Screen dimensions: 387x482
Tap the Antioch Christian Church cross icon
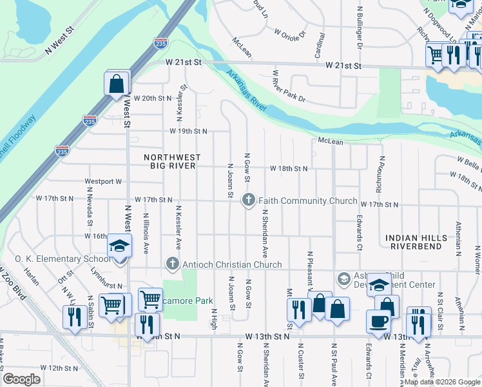171,264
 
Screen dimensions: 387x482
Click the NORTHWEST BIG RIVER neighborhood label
172,163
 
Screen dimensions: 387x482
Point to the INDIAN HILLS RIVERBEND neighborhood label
416,243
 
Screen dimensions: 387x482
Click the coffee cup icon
378,321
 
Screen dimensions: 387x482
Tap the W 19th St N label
188,131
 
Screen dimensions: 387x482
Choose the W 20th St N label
153,98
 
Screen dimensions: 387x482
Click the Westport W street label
102,182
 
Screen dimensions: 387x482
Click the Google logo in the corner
22,379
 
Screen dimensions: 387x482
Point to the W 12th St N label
59,368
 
